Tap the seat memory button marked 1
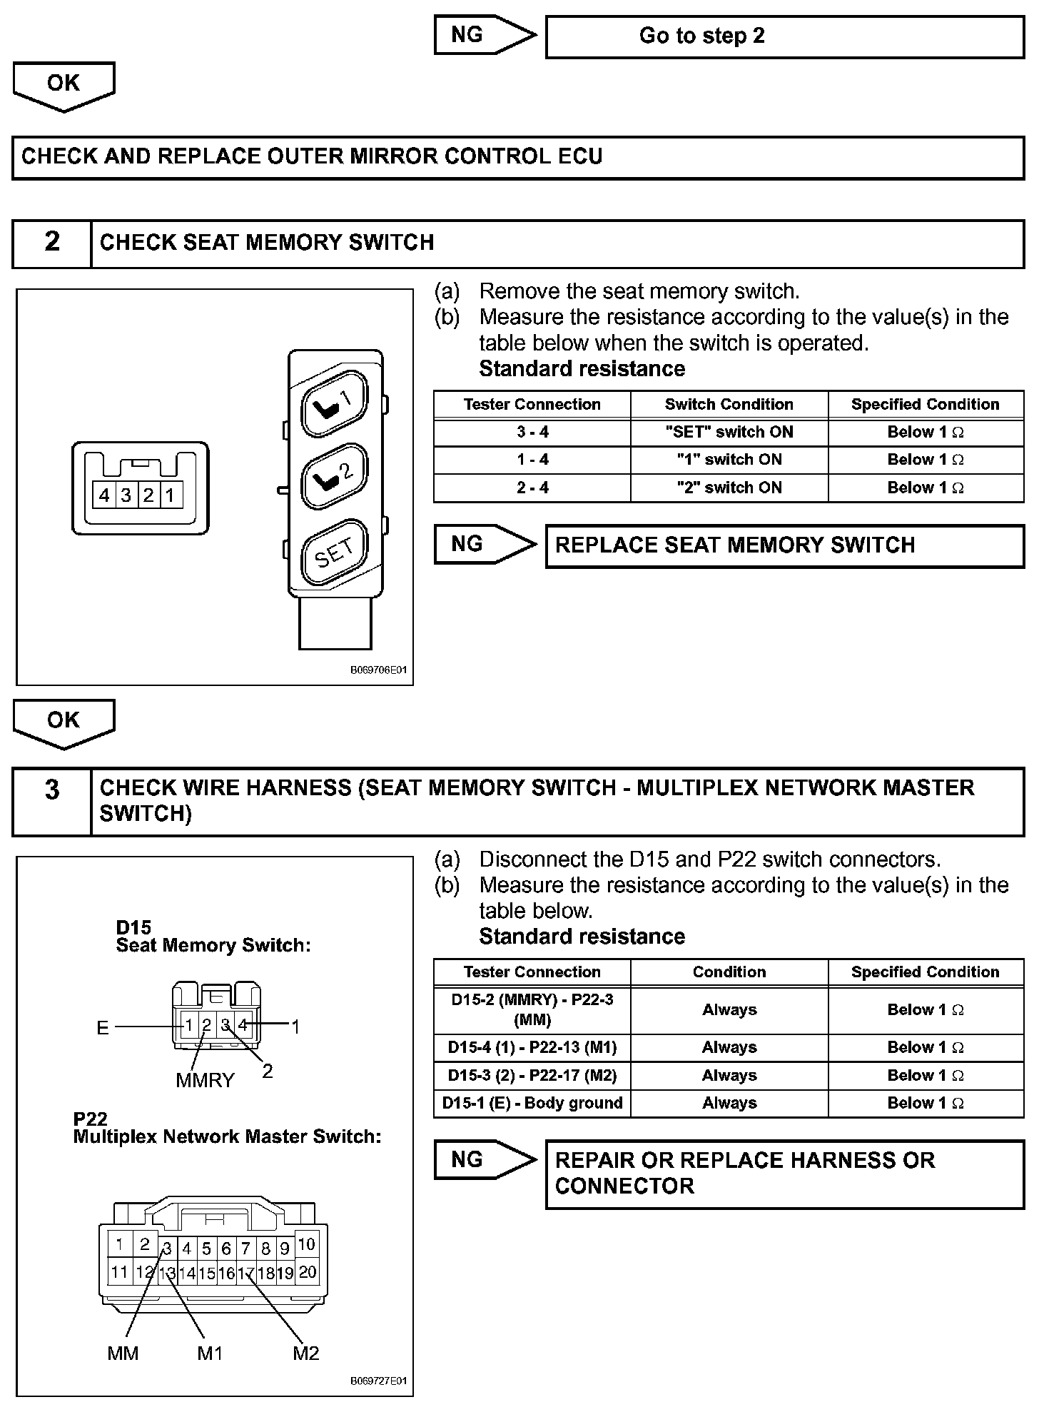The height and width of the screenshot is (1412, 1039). click(335, 403)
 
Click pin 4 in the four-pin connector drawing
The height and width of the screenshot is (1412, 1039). click(105, 495)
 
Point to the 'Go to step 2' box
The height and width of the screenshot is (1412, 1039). click(784, 36)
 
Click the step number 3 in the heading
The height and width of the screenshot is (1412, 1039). click(52, 790)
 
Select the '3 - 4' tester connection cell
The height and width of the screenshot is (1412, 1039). click(532, 432)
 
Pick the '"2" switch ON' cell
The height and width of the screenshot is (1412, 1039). click(729, 488)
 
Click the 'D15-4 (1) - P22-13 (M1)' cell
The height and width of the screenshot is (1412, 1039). click(532, 1047)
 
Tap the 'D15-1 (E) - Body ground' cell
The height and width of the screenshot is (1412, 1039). click(532, 1103)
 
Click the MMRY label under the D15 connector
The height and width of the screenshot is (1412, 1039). click(205, 1080)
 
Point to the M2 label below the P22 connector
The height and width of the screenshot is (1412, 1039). click(305, 1353)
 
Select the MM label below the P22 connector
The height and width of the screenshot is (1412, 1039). click(123, 1353)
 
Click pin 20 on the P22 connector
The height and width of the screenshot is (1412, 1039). click(308, 1271)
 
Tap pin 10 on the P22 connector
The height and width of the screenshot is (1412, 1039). click(306, 1244)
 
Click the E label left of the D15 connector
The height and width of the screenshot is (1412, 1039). click(103, 1027)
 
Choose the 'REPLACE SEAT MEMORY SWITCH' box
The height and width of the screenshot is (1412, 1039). click(784, 546)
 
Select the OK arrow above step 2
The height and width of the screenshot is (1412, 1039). click(64, 86)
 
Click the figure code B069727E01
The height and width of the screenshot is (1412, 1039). click(378, 1401)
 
